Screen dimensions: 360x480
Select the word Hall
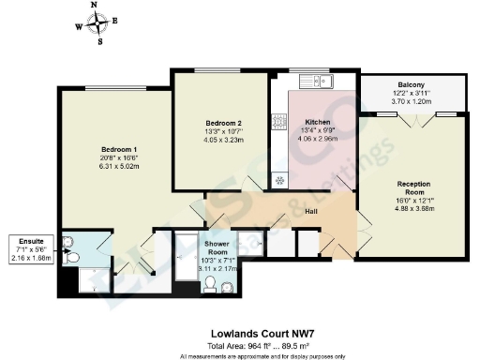(x=310, y=215)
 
